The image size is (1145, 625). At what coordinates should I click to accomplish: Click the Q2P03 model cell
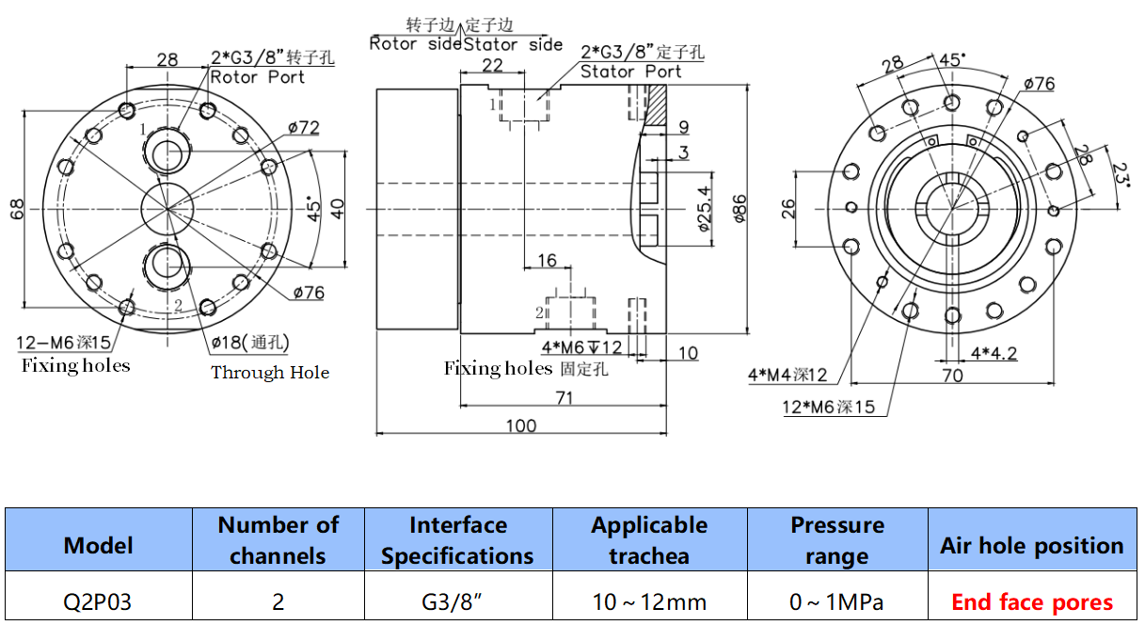click(97, 601)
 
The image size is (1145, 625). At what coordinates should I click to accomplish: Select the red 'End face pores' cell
click(1032, 601)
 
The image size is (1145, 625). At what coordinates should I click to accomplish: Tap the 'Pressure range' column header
click(837, 540)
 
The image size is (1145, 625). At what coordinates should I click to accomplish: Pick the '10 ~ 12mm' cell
click(649, 601)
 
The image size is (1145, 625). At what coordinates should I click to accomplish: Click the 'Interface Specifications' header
click(457, 540)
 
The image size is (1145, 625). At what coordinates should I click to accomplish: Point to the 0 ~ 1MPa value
click(836, 601)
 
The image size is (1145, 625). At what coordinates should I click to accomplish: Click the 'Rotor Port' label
click(257, 77)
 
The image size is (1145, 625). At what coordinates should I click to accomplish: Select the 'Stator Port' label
click(630, 72)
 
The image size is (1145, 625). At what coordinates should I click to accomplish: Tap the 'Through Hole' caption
click(270, 373)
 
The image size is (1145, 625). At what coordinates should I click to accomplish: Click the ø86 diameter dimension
click(739, 209)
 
